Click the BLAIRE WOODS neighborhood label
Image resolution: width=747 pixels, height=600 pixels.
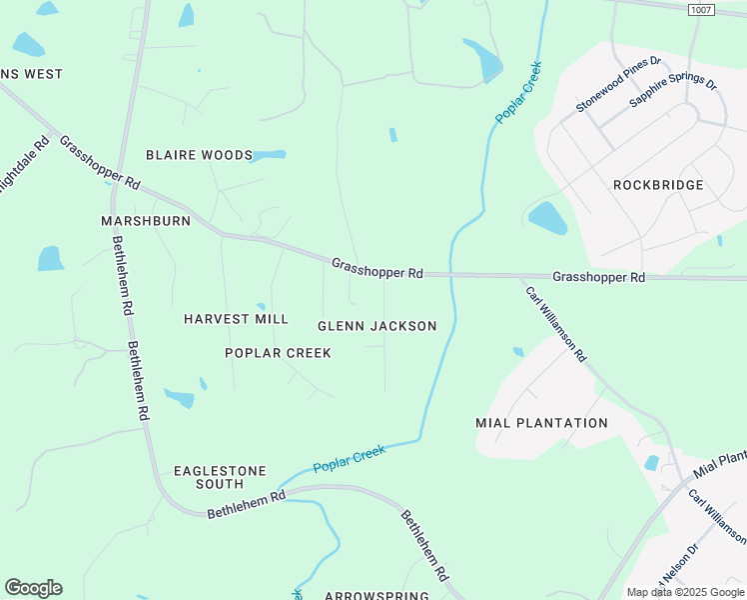pyautogui.click(x=199, y=155)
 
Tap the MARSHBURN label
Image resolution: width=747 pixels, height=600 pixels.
pyautogui.click(x=146, y=221)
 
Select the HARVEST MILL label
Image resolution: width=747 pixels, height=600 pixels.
pyautogui.click(x=236, y=319)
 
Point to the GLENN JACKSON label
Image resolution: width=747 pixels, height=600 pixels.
pyautogui.click(x=376, y=326)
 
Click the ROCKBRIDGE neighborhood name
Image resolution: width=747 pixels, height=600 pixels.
pyautogui.click(x=658, y=185)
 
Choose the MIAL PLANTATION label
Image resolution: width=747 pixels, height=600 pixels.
pyautogui.click(x=541, y=423)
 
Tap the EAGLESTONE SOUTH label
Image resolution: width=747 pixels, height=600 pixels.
pyautogui.click(x=220, y=477)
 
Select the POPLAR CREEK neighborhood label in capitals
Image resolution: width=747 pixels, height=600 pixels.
pyautogui.click(x=278, y=353)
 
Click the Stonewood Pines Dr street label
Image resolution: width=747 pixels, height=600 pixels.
pyautogui.click(x=618, y=84)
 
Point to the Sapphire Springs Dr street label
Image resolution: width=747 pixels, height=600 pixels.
pyautogui.click(x=673, y=91)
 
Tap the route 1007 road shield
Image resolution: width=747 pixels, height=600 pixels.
pyautogui.click(x=702, y=9)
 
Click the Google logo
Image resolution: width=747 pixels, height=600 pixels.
pyautogui.click(x=33, y=588)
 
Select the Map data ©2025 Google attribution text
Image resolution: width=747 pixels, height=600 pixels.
pyautogui.click(x=685, y=592)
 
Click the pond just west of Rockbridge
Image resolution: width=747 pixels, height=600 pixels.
pyautogui.click(x=546, y=217)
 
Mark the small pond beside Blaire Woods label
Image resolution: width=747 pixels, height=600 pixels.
pyautogui.click(x=269, y=156)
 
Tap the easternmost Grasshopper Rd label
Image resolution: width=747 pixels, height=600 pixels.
pyautogui.click(x=598, y=277)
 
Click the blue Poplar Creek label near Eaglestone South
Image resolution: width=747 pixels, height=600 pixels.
pyautogui.click(x=349, y=460)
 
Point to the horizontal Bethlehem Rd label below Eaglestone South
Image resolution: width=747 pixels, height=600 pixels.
pyautogui.click(x=246, y=504)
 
